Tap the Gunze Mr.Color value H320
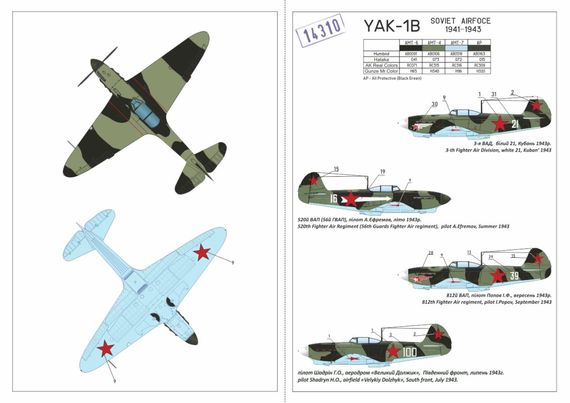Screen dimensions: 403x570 click(479, 71)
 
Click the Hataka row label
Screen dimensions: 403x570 click(382, 59)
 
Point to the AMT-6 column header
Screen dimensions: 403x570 click(409, 42)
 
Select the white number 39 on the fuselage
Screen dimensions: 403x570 click(514, 276)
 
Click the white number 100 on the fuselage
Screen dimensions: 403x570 click(409, 352)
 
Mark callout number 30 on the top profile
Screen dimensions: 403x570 click(434, 104)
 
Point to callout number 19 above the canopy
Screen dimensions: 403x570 click(383, 172)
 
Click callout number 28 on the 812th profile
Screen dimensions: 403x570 click(430, 253)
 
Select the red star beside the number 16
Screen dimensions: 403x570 click(350, 199)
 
